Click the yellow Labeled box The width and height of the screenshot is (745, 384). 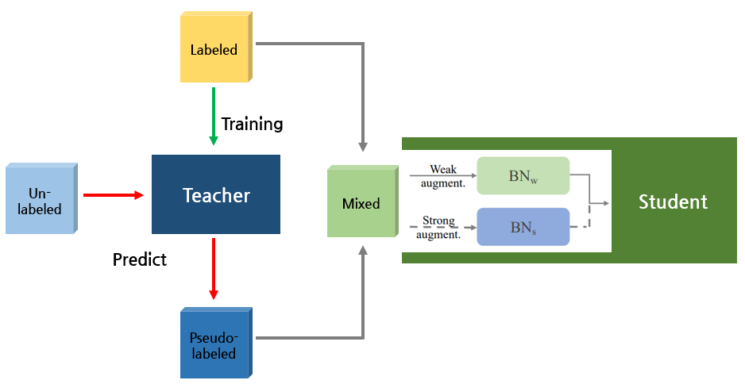[x=213, y=50]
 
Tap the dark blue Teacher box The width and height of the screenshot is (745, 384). [x=216, y=195]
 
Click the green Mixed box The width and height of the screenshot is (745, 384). [x=361, y=203]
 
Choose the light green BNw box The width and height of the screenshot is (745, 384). [x=523, y=176]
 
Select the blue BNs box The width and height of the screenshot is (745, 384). [x=523, y=227]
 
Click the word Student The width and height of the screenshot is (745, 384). [x=673, y=202]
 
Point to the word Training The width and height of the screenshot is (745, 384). [x=252, y=124]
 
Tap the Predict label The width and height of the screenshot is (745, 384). [x=140, y=259]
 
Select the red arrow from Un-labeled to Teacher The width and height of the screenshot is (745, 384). [x=113, y=195]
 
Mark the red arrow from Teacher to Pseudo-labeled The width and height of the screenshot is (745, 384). [x=214, y=269]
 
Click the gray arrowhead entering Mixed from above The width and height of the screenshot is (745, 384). [x=363, y=146]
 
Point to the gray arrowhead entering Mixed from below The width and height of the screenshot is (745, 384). [x=363, y=251]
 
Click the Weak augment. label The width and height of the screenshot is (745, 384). [x=442, y=176]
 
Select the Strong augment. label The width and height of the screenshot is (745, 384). [x=439, y=228]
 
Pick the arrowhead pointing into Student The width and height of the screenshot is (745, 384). [x=604, y=203]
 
